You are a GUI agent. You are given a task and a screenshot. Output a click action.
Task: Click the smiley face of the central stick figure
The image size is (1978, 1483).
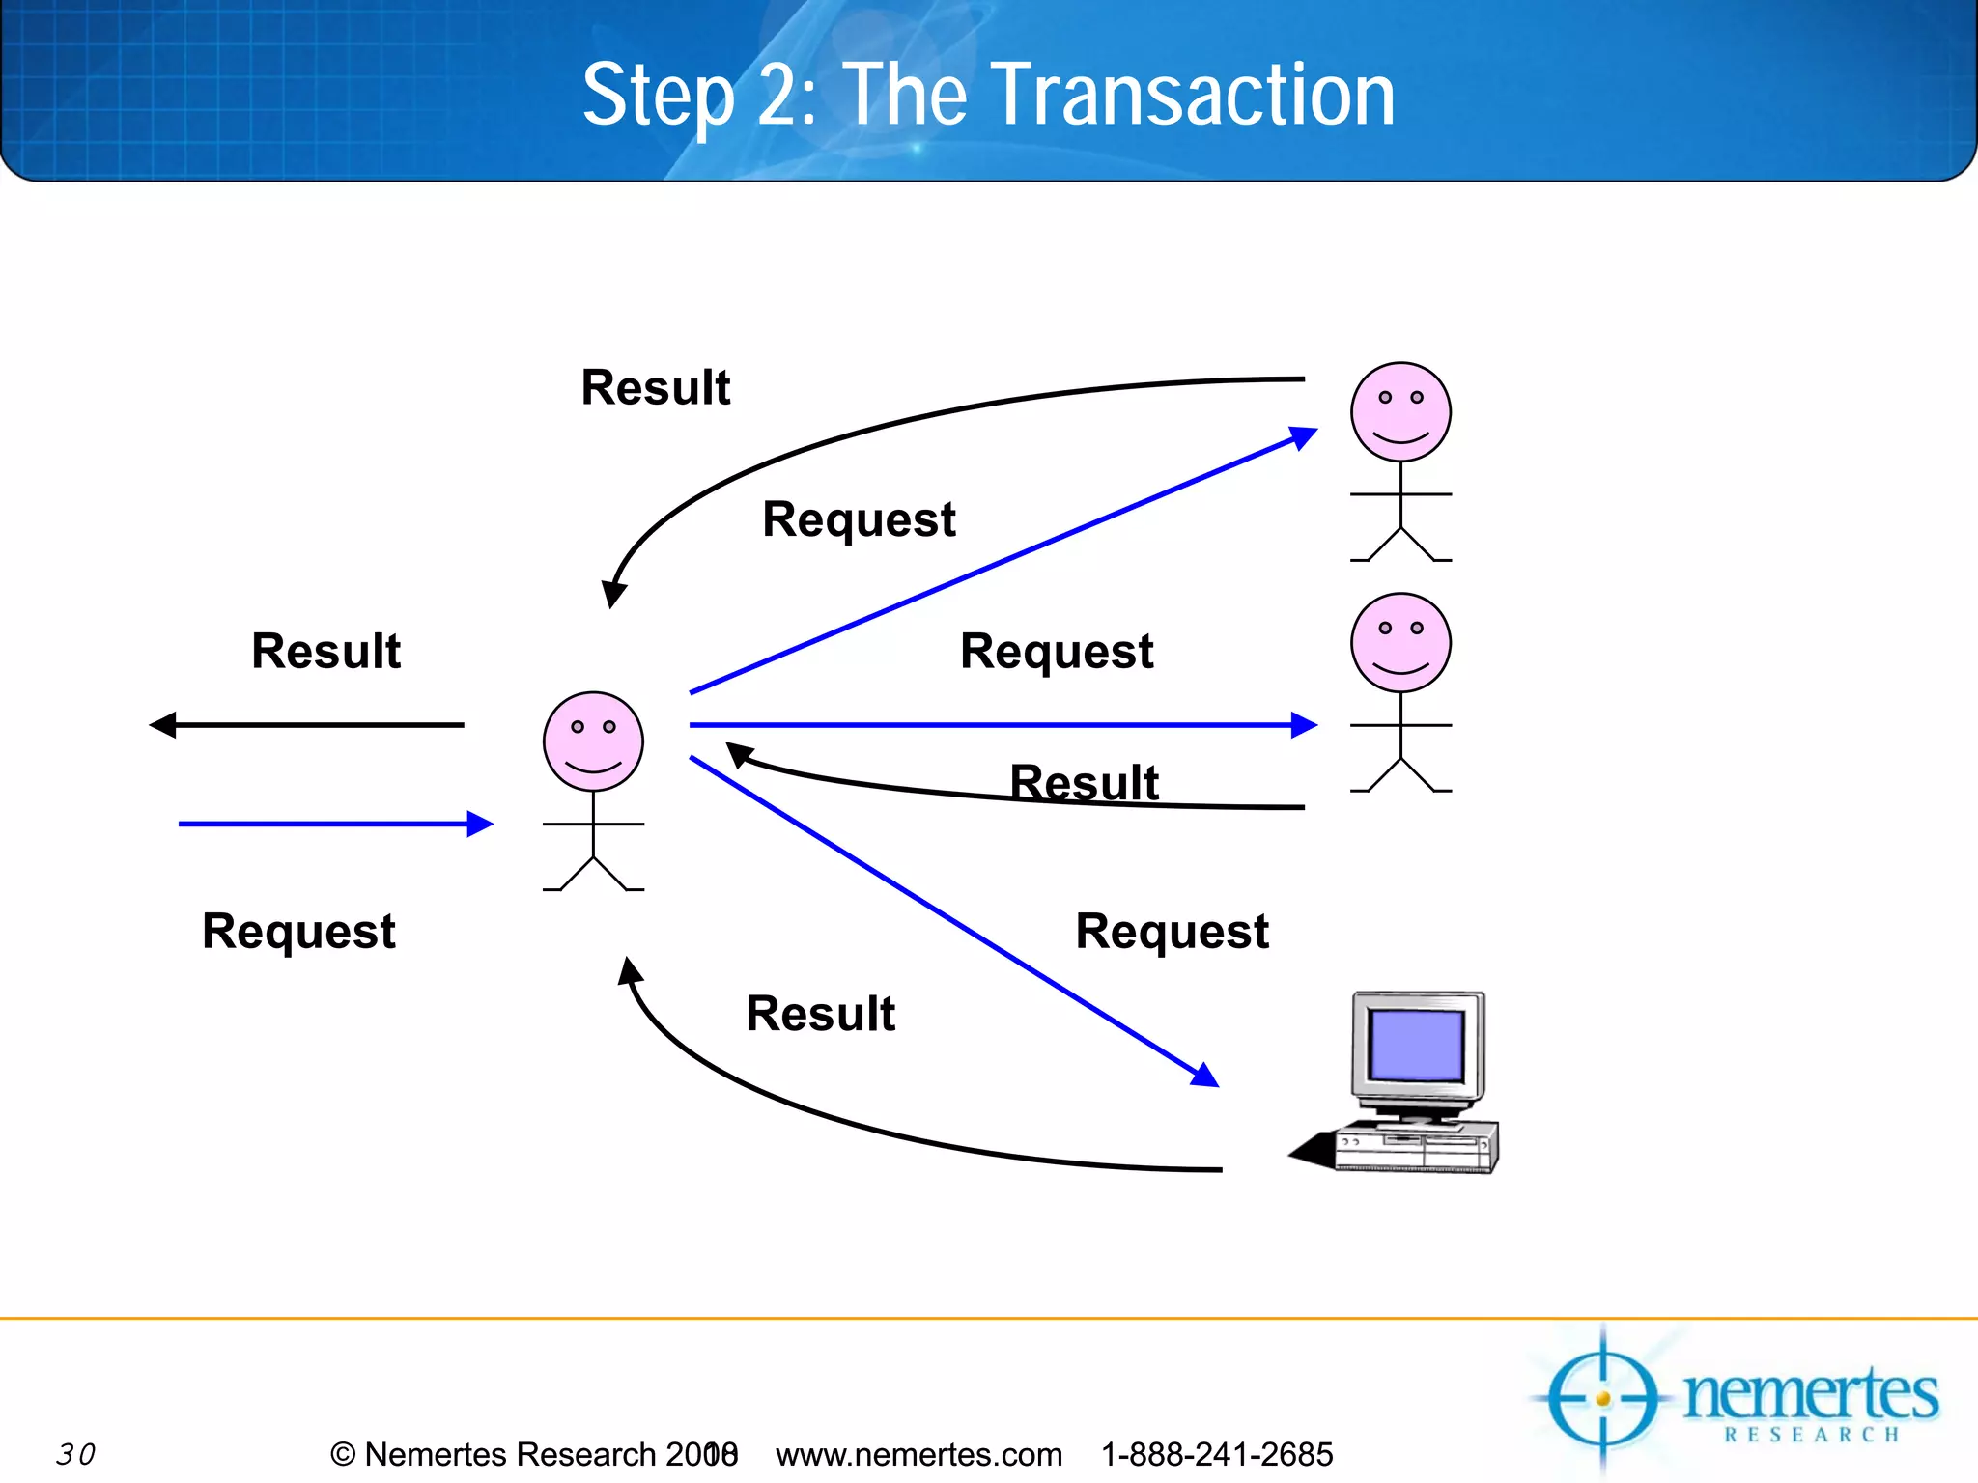click(593, 741)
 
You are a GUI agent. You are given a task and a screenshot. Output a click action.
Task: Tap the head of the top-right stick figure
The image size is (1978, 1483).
click(1400, 412)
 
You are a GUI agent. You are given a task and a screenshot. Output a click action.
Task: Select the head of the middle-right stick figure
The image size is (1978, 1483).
click(1400, 643)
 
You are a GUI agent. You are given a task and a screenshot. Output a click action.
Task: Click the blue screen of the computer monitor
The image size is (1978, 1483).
click(1417, 1046)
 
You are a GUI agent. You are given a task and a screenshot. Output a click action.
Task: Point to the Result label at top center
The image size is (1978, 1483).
click(655, 388)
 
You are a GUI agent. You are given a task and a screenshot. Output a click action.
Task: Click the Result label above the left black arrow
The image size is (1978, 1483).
click(325, 651)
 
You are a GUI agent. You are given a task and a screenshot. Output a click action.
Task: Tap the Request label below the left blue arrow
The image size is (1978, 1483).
click(298, 932)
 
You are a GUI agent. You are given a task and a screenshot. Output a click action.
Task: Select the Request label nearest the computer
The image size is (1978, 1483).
click(1172, 932)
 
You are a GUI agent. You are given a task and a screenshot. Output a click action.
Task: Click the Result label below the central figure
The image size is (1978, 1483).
click(820, 1014)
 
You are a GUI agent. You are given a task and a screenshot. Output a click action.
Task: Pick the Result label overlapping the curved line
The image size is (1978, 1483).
click(1084, 782)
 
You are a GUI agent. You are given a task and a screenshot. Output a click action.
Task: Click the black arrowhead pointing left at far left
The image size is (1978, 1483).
click(163, 724)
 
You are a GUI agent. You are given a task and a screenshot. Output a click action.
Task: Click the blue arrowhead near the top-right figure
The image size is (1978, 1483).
click(1304, 438)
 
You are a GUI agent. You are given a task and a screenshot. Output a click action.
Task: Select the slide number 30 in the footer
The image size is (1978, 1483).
click(75, 1454)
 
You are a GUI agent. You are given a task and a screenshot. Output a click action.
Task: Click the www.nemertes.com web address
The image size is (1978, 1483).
click(918, 1454)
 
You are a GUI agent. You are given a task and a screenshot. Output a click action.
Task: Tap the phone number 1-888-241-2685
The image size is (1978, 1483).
click(1217, 1454)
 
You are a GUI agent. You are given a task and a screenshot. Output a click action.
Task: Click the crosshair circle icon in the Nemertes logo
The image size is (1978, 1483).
click(1603, 1398)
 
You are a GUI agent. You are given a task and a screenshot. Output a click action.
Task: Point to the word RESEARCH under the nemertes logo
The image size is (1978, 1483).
click(1812, 1435)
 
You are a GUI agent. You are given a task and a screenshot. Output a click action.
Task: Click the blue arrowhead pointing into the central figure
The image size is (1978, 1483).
click(480, 824)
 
